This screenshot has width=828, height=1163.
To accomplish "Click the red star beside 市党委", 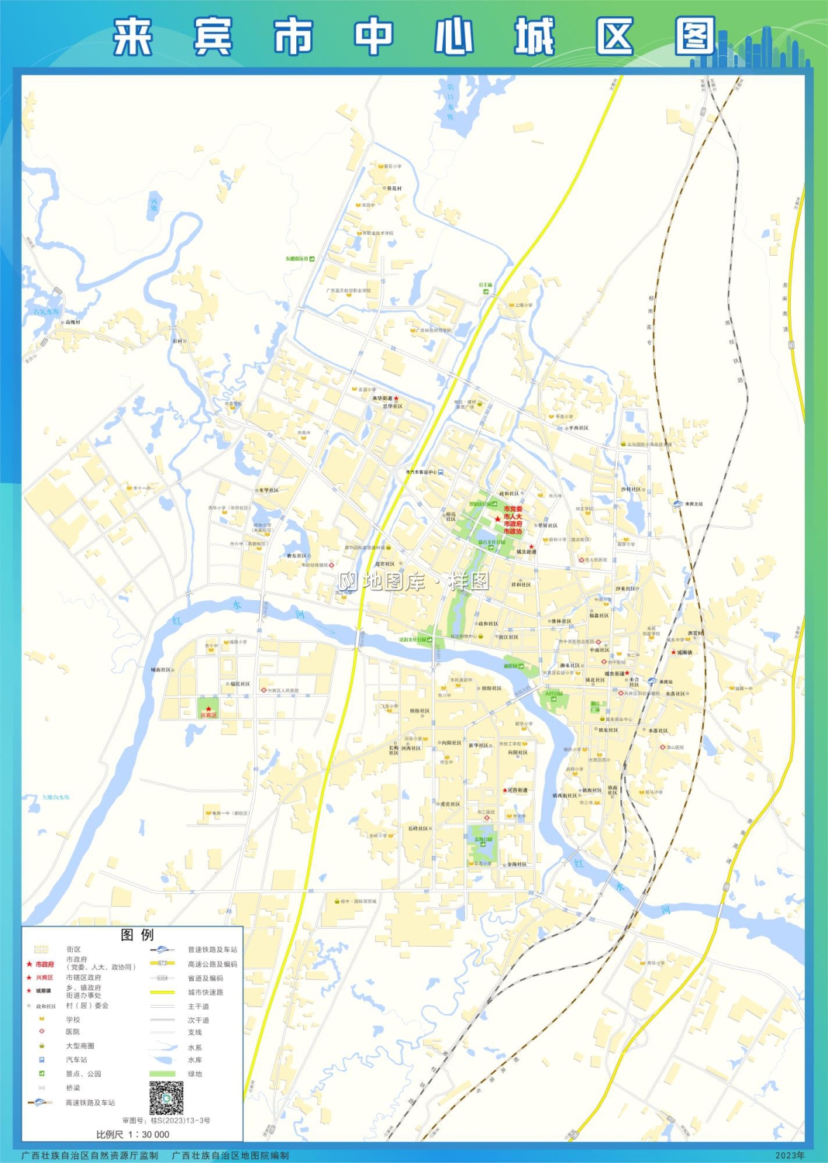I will (x=497, y=519).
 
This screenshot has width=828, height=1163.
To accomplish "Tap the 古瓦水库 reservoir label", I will (x=46, y=312).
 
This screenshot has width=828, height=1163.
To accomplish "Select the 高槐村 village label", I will (x=73, y=322).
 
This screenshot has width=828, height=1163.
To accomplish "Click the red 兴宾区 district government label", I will (x=209, y=715).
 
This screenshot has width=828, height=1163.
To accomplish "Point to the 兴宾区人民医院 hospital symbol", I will (x=264, y=690).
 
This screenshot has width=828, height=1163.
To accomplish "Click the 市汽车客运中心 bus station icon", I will (x=440, y=471).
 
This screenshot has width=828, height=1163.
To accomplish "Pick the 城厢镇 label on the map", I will (x=685, y=652).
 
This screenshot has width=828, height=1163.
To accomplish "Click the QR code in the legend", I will (x=166, y=1098).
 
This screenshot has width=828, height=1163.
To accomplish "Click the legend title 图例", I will (x=137, y=935).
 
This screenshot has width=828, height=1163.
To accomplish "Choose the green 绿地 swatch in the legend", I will (x=162, y=1074).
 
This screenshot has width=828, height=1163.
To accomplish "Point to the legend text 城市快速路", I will (x=205, y=992).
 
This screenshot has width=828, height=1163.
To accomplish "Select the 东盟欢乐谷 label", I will (x=296, y=258).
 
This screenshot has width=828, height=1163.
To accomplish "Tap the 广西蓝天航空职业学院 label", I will (x=348, y=291).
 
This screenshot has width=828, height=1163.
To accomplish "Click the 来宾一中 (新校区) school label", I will (x=230, y=813).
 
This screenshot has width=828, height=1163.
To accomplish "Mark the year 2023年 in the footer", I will (x=790, y=1155).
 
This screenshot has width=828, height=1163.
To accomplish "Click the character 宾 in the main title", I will (x=212, y=37).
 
